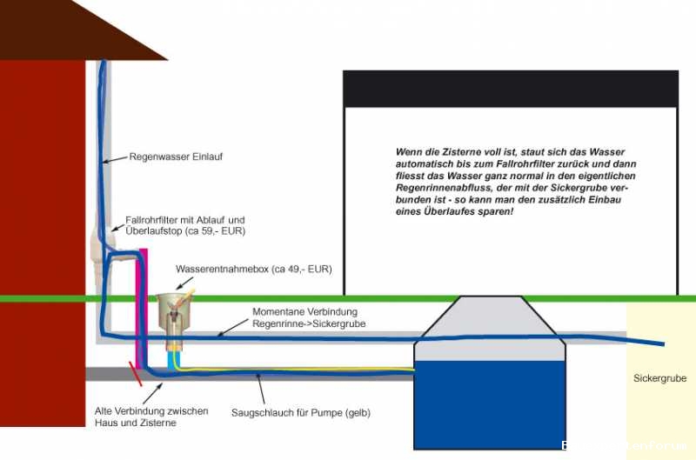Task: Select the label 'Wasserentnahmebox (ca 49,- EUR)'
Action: pyautogui.click(x=253, y=269)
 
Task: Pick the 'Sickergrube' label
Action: pyautogui.click(x=659, y=378)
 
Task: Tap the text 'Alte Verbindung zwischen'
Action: pyautogui.click(x=151, y=410)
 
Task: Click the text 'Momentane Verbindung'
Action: pyautogui.click(x=304, y=311)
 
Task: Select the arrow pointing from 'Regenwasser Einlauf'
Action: pyautogui.click(x=113, y=160)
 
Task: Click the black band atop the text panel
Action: pyautogui.click(x=510, y=88)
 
